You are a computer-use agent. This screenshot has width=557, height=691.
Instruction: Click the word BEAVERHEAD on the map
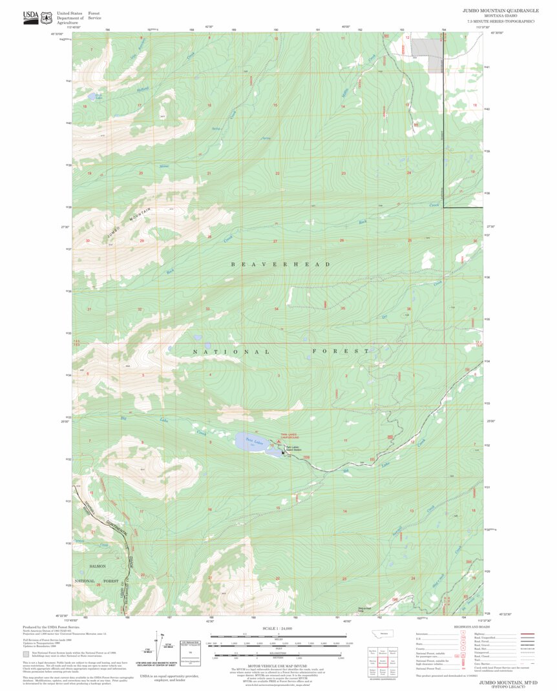[280, 264]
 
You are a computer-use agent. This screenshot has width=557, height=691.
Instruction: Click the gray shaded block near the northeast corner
[426, 55]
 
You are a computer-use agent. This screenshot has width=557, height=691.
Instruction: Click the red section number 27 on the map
[275, 241]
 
